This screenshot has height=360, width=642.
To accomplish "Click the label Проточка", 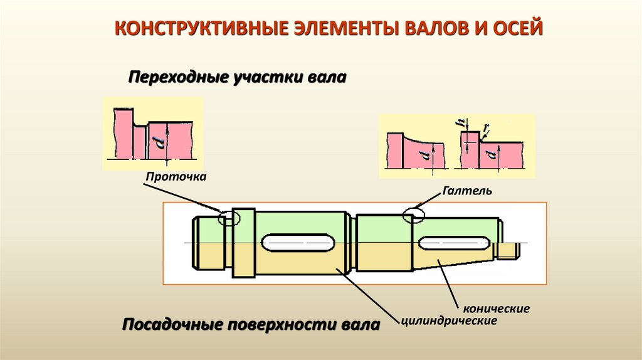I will [x=176, y=177].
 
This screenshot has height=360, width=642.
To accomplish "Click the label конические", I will [x=497, y=309].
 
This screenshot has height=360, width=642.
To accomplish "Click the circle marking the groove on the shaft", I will [x=229, y=218].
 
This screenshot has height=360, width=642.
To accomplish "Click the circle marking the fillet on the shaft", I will [x=414, y=214].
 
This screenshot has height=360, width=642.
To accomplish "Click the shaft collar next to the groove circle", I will [x=243, y=242].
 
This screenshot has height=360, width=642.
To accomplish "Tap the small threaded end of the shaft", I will [x=508, y=250].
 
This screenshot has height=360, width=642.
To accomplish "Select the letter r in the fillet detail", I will [x=487, y=129].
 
